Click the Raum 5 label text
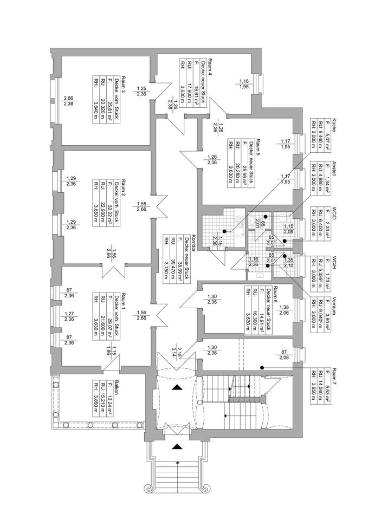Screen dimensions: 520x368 pyautogui.click(x=258, y=142)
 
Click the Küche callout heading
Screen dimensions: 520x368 pyautogui.click(x=335, y=123)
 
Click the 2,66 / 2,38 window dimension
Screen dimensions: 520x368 pyautogui.click(x=68, y=100)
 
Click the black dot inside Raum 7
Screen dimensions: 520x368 pyautogui.click(x=261, y=368)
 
